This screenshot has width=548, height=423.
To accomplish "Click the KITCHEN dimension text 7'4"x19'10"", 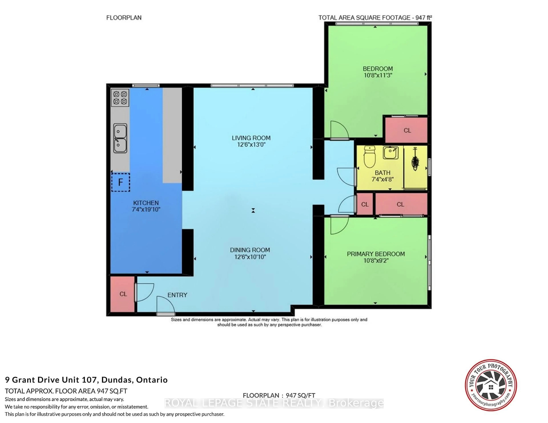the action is click(x=146, y=210).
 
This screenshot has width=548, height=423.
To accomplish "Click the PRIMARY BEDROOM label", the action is click(x=376, y=254).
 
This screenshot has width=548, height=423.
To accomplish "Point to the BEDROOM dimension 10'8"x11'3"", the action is click(x=378, y=75).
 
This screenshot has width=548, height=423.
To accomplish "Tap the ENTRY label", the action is click(x=177, y=295).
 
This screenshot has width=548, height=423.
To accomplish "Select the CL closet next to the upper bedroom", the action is click(x=406, y=130).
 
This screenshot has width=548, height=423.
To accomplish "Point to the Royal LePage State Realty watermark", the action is click(x=274, y=403).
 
